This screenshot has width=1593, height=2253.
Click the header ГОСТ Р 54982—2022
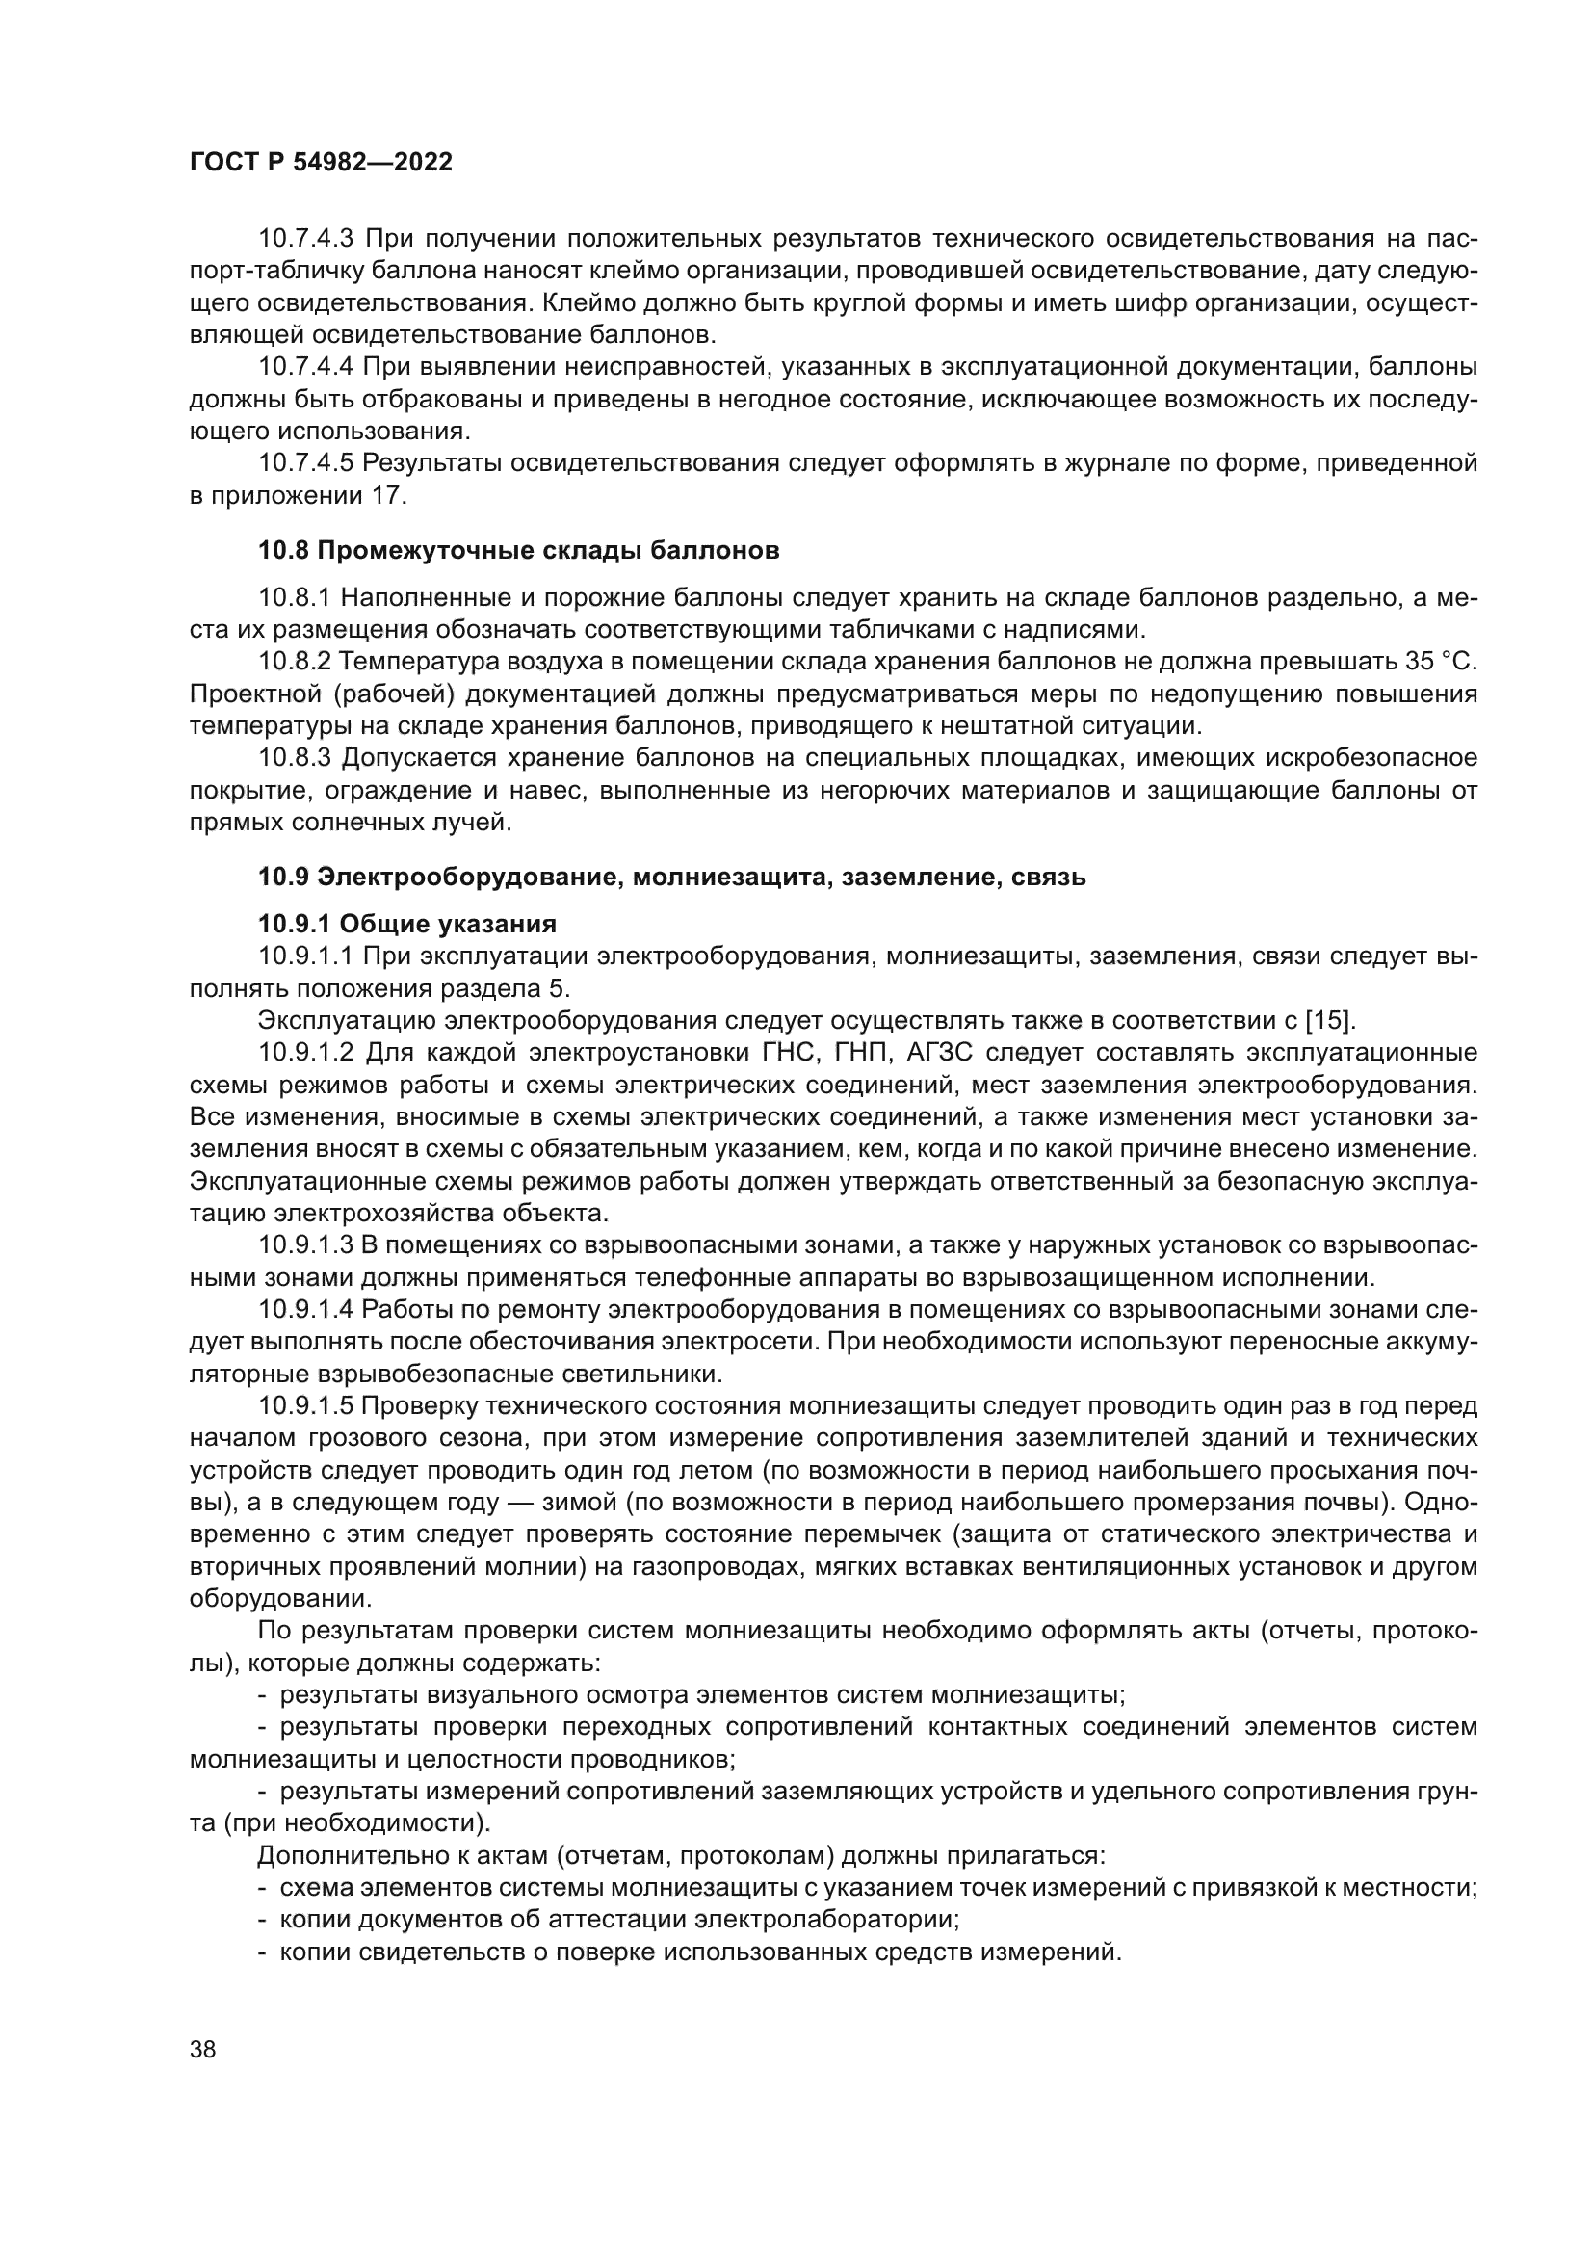coord(321,163)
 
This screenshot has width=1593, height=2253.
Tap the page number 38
coord(202,2050)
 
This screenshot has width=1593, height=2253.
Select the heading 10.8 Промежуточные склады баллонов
coord(519,551)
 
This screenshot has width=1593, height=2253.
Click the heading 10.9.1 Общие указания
coord(407,924)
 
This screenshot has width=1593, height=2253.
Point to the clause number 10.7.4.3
coord(305,239)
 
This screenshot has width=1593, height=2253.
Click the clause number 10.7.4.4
coord(305,367)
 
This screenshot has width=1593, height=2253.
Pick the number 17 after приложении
coord(388,495)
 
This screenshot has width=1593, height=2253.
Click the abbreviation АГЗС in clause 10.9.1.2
coord(947,1053)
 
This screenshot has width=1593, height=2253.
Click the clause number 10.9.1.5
coord(305,1406)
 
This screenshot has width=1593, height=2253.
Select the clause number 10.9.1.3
coord(305,1245)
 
